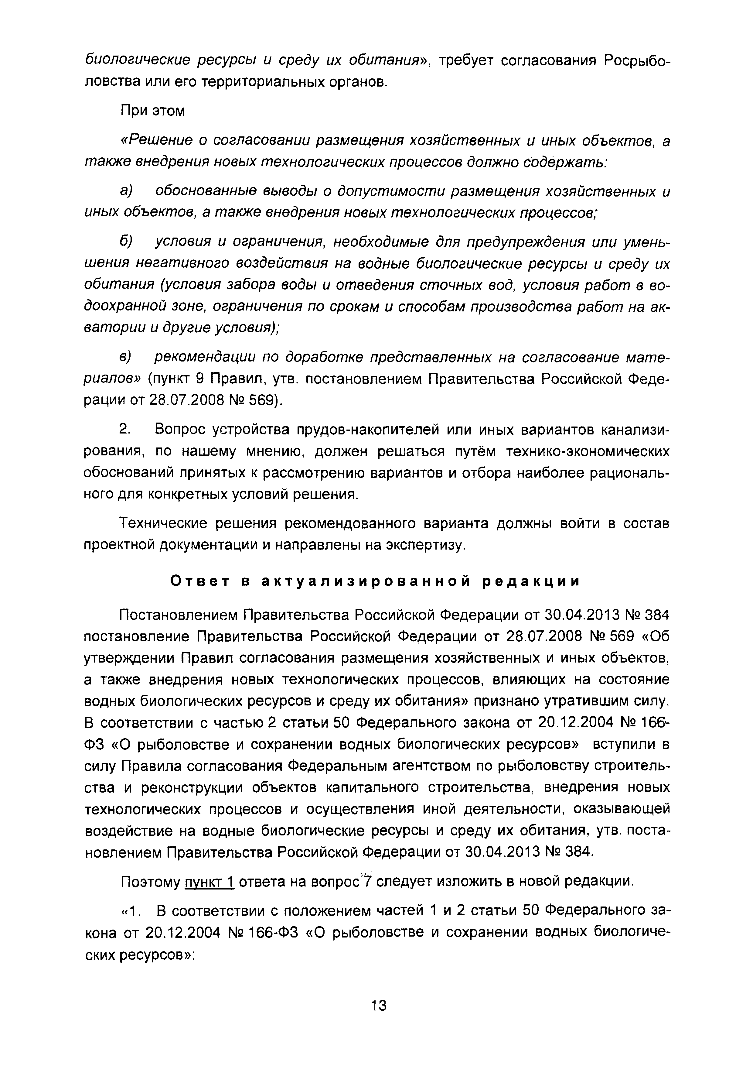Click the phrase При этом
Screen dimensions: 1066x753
tap(153, 111)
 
